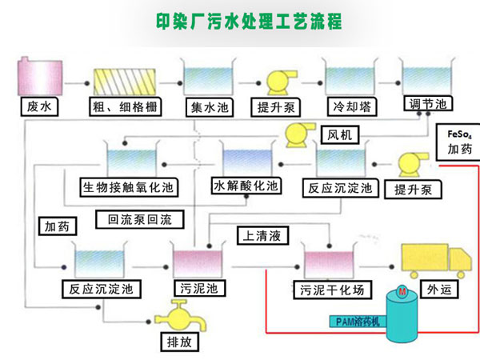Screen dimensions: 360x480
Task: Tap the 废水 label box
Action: pyautogui.click(x=36, y=105)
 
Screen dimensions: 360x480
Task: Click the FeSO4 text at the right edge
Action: pyautogui.click(x=459, y=134)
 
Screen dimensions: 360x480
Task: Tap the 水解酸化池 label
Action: pyautogui.click(x=246, y=186)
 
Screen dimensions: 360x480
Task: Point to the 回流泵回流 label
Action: pyautogui.click(x=139, y=218)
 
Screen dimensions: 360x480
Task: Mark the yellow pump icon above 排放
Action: pyautogui.click(x=176, y=314)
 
